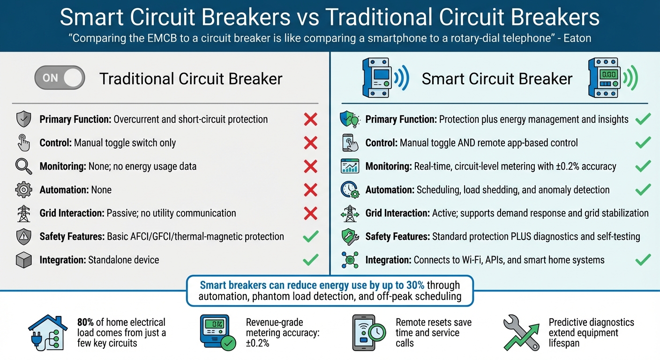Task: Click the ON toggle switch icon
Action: pyautogui.click(x=60, y=78)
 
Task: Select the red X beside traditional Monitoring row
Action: pyautogui.click(x=310, y=166)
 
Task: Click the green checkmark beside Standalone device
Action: pyautogui.click(x=310, y=259)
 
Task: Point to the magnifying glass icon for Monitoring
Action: pyautogui.click(x=23, y=166)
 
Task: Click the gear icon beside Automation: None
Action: pyautogui.click(x=23, y=190)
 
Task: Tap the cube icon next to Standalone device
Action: pyautogui.click(x=23, y=260)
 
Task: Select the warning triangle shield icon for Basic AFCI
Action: pyautogui.click(x=23, y=237)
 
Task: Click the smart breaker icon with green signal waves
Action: pyautogui.click(x=612, y=78)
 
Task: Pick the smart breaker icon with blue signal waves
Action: pyautogui.click(x=385, y=78)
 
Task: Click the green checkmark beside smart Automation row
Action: pyautogui.click(x=643, y=190)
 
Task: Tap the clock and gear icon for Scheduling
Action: pyautogui.click(x=349, y=190)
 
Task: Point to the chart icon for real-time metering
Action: pyautogui.click(x=349, y=166)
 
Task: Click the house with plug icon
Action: pyautogui.click(x=46, y=332)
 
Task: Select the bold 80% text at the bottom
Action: pyautogui.click(x=86, y=322)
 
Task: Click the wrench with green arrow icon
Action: pyautogui.click(x=521, y=333)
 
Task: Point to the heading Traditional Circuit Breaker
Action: pyautogui.click(x=191, y=79)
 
